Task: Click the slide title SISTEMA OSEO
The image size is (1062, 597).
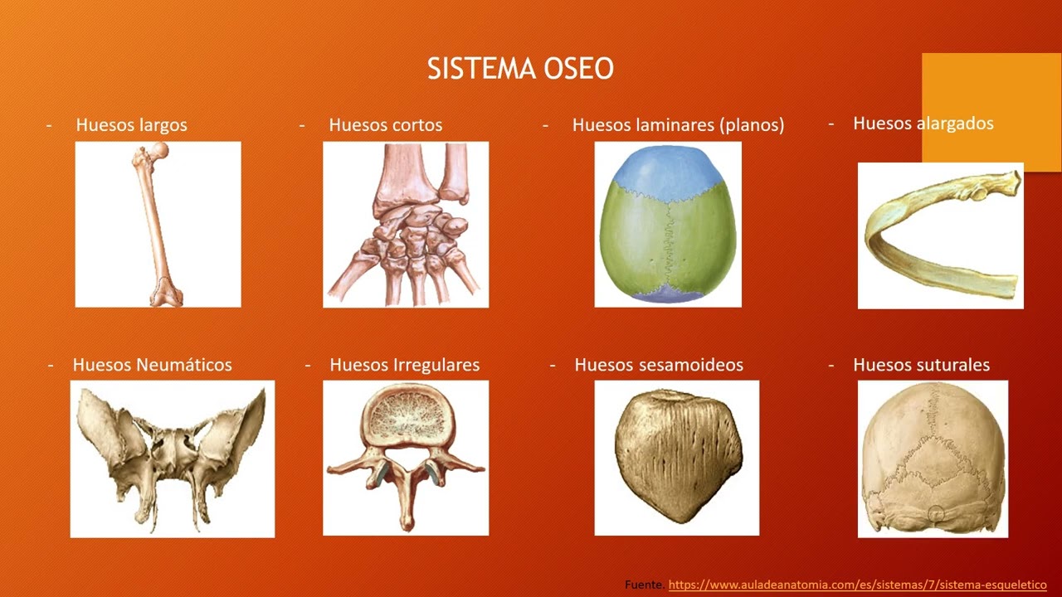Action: [x=520, y=69]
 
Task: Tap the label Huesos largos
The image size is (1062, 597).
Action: [x=131, y=125]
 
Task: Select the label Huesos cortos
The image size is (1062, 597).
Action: [x=385, y=125]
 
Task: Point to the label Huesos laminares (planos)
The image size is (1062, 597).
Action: [x=678, y=125]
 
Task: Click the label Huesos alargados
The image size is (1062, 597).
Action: [x=923, y=124]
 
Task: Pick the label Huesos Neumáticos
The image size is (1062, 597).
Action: [x=152, y=365]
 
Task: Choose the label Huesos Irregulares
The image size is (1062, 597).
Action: [x=404, y=365]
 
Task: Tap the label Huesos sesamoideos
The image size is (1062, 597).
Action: [x=658, y=365]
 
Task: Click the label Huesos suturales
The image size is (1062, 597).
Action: [x=921, y=365]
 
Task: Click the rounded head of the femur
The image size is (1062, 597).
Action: [x=159, y=150]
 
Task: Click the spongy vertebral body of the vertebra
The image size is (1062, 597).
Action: [x=405, y=416]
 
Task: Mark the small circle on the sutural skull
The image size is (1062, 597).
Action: [x=936, y=514]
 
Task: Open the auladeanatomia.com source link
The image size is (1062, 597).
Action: [x=857, y=585]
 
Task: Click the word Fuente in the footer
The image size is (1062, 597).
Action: [x=645, y=585]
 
